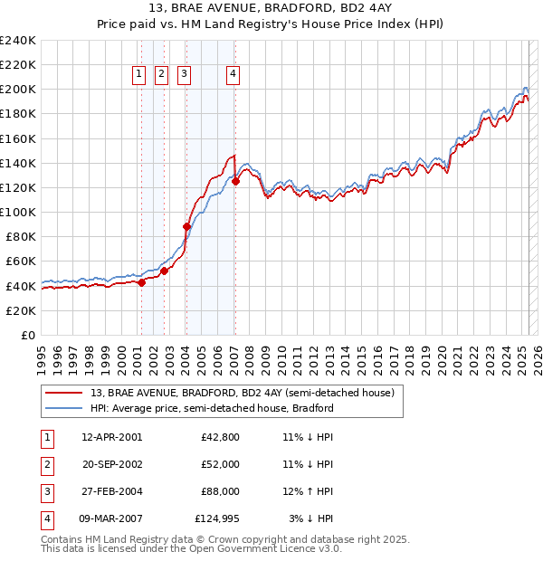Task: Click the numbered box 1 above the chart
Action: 140,75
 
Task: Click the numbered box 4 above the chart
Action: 233,75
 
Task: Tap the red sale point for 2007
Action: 235,181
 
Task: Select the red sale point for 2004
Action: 186,226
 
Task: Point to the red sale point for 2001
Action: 141,282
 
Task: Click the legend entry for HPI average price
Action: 212,408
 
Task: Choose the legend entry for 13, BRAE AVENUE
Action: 242,394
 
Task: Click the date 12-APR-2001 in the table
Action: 111,437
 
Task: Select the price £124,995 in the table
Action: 217,518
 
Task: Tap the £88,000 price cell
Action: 220,491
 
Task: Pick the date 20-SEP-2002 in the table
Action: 111,464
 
